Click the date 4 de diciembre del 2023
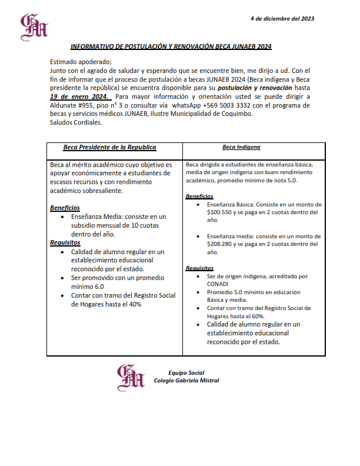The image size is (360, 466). pyautogui.click(x=282, y=19)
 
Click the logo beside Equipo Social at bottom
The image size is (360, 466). pyautogui.click(x=131, y=377)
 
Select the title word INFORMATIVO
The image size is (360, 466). pyautogui.click(x=94, y=46)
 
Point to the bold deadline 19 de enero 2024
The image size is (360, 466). pyautogui.click(x=79, y=96)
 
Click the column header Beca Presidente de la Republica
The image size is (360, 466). pyautogui.click(x=109, y=148)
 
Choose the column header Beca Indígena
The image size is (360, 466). pyautogui.click(x=241, y=147)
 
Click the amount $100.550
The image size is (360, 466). pyautogui.click(x=221, y=212)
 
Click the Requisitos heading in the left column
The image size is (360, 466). pyautogui.click(x=65, y=242)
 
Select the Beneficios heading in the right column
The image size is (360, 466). pyautogui.click(x=199, y=196)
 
